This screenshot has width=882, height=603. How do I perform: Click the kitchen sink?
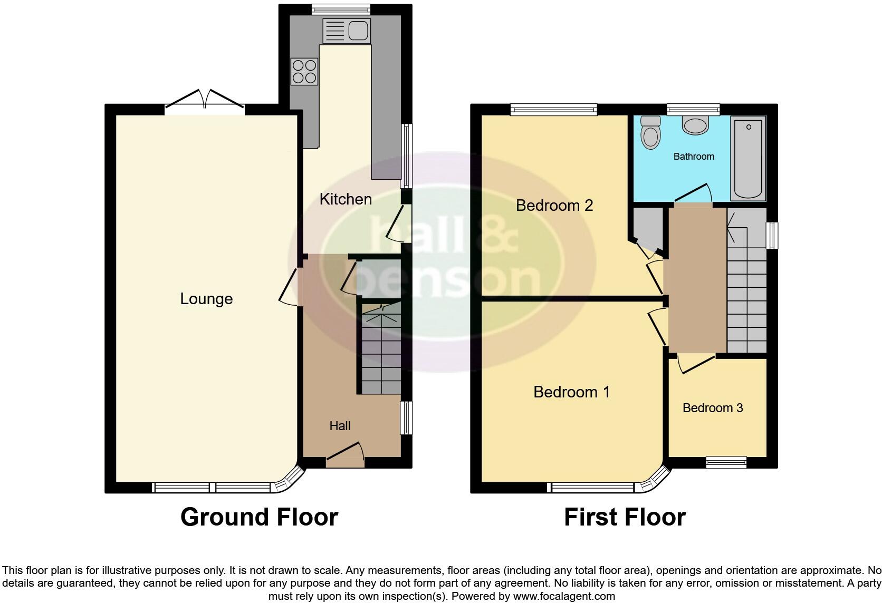(x=347, y=31)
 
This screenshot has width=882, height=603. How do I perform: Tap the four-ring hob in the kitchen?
(x=305, y=72)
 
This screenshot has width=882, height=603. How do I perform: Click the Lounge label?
(x=206, y=299)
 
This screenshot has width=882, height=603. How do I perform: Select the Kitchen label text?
(x=346, y=199)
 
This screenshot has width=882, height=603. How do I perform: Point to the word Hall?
(x=340, y=426)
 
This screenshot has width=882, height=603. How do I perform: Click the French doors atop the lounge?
(x=205, y=104)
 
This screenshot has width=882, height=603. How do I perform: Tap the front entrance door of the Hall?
(x=346, y=455)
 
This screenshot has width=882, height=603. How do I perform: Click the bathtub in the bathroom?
(x=748, y=158)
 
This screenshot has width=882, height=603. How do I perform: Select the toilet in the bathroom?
(x=650, y=132)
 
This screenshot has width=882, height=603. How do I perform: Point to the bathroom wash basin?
(x=695, y=125)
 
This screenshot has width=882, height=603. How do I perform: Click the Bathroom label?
(x=694, y=157)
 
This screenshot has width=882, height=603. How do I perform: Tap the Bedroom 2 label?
(x=554, y=205)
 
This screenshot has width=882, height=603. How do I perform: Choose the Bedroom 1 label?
(x=571, y=392)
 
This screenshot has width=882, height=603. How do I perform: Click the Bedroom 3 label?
(x=712, y=408)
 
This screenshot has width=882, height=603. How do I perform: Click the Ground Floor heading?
(x=259, y=517)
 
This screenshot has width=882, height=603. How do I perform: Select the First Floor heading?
(x=625, y=517)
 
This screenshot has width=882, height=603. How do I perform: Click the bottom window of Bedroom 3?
(x=726, y=462)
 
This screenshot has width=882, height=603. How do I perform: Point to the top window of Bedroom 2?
(x=553, y=110)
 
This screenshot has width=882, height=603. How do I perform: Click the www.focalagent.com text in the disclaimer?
(x=563, y=597)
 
